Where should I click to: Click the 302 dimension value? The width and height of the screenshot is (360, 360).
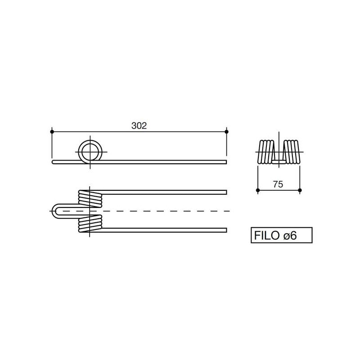tap(139, 126)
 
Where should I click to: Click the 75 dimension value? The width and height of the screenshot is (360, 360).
tap(278, 184)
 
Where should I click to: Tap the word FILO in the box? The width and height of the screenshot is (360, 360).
tap(267, 235)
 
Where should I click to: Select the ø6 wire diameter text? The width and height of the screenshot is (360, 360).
tap(290, 235)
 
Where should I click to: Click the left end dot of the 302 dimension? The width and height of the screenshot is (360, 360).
tap(52, 131)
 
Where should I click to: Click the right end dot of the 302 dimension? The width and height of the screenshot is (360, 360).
tap(227, 131)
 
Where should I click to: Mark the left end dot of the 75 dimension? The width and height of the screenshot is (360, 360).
tap(258, 190)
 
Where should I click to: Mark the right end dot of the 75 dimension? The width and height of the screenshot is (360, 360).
tap(300, 190)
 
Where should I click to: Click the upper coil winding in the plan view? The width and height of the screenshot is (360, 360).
tap(90, 199)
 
